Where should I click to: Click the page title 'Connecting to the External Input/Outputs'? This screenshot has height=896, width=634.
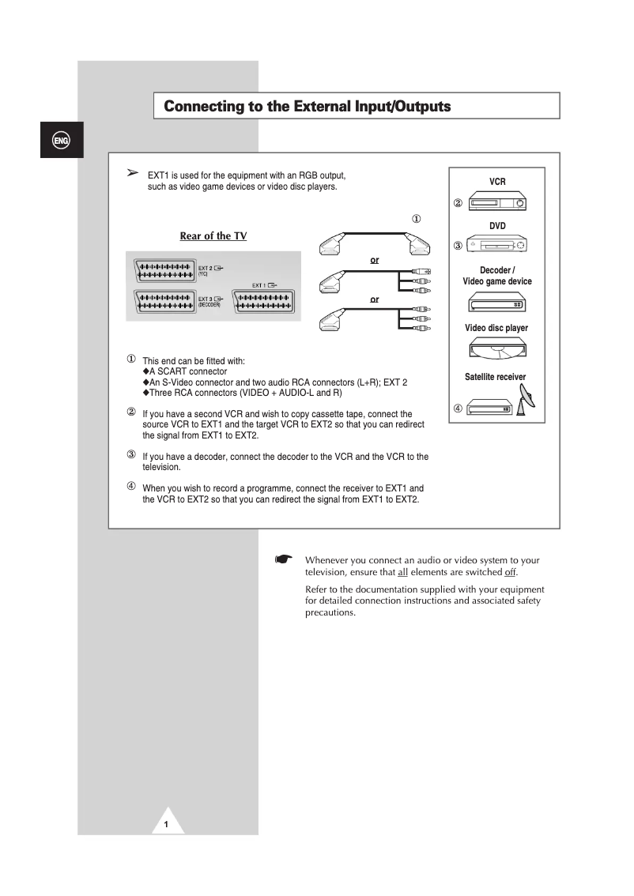pos(307,106)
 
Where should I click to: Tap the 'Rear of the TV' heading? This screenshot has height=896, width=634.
pos(213,235)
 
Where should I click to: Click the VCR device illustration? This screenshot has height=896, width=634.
pos(496,204)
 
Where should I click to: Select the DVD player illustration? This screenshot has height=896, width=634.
pos(496,247)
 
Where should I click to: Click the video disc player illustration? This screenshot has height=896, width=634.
pos(496,349)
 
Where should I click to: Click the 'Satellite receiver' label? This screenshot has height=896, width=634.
pos(495,377)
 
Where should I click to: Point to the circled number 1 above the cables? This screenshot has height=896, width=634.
pos(416,219)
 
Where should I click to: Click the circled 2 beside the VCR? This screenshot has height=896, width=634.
pos(458,203)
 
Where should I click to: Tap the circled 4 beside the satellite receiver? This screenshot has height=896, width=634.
pos(458,408)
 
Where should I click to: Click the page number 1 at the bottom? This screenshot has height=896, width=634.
pos(167,824)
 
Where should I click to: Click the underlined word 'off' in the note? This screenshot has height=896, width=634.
pos(510,572)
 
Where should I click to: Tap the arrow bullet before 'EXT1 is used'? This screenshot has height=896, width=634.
pos(133,173)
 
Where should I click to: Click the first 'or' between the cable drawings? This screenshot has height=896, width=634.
pos(375,259)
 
